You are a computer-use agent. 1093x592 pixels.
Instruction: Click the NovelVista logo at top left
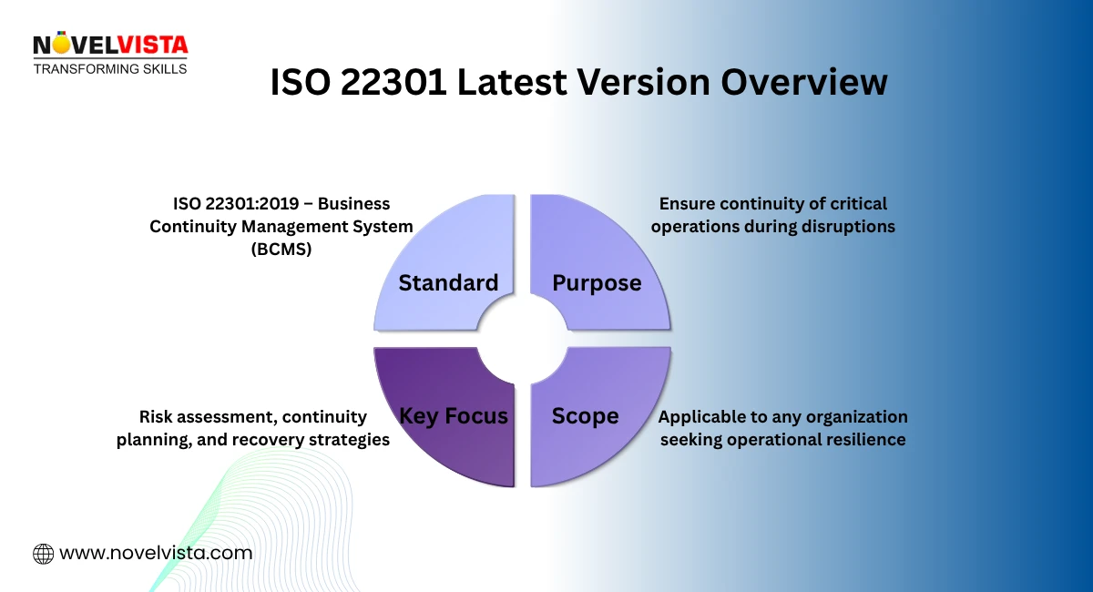click(x=109, y=44)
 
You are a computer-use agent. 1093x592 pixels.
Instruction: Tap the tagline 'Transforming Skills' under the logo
click(x=110, y=68)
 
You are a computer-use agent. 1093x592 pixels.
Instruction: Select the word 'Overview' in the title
click(x=804, y=83)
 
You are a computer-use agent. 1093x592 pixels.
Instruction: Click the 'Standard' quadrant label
click(x=448, y=283)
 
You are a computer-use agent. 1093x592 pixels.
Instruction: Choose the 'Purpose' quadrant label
click(x=597, y=283)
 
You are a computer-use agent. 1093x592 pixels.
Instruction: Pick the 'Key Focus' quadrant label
click(x=453, y=416)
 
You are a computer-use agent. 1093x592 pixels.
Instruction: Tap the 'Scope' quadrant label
click(x=585, y=416)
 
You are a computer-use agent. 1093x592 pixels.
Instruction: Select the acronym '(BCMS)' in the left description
click(x=281, y=250)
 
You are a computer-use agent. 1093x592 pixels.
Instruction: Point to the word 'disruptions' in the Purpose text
click(x=843, y=227)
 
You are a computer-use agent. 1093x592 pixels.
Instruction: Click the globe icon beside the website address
click(x=43, y=553)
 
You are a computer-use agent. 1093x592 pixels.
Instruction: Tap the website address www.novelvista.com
click(x=155, y=553)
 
